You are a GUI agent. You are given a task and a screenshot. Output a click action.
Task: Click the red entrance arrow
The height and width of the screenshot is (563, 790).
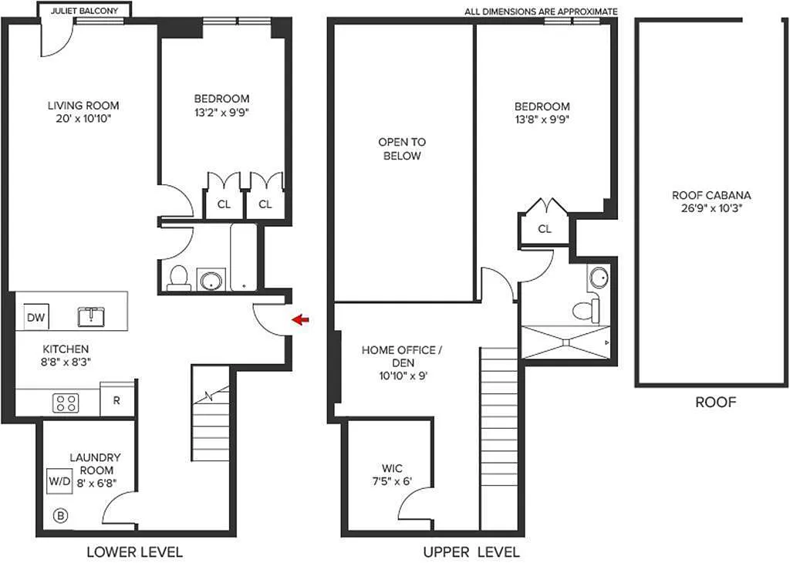301,319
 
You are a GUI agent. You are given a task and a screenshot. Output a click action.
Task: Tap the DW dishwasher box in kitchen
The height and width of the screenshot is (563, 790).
36,317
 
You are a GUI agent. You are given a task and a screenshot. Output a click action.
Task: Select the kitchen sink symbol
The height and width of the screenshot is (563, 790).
91,316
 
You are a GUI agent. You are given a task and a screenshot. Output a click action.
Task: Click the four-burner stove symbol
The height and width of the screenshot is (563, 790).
66,403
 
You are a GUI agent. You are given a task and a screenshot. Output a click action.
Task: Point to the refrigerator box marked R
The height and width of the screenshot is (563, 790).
117,400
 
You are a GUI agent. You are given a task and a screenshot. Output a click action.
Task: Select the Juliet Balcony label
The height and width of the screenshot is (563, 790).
84,10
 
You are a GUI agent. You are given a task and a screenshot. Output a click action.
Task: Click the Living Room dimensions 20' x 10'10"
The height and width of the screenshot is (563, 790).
83,119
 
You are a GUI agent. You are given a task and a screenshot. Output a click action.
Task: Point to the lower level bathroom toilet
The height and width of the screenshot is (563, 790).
178,278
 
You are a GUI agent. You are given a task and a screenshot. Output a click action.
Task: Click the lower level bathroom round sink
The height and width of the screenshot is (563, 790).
211,280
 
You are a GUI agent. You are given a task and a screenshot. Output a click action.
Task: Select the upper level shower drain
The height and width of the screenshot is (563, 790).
565,342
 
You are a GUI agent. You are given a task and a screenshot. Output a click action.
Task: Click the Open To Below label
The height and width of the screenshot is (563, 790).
402,149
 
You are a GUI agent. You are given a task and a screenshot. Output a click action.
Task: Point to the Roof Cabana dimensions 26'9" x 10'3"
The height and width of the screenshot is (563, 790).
711,208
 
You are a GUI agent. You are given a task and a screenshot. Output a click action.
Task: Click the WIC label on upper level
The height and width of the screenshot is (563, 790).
392,468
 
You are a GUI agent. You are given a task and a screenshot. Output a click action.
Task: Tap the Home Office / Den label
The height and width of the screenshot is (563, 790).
402,356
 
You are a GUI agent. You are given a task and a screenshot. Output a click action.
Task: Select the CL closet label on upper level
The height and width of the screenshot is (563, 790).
545,229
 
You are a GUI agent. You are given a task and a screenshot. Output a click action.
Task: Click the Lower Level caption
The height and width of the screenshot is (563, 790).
134,552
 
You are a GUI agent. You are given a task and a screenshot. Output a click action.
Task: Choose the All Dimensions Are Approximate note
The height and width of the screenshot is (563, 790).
541,11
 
